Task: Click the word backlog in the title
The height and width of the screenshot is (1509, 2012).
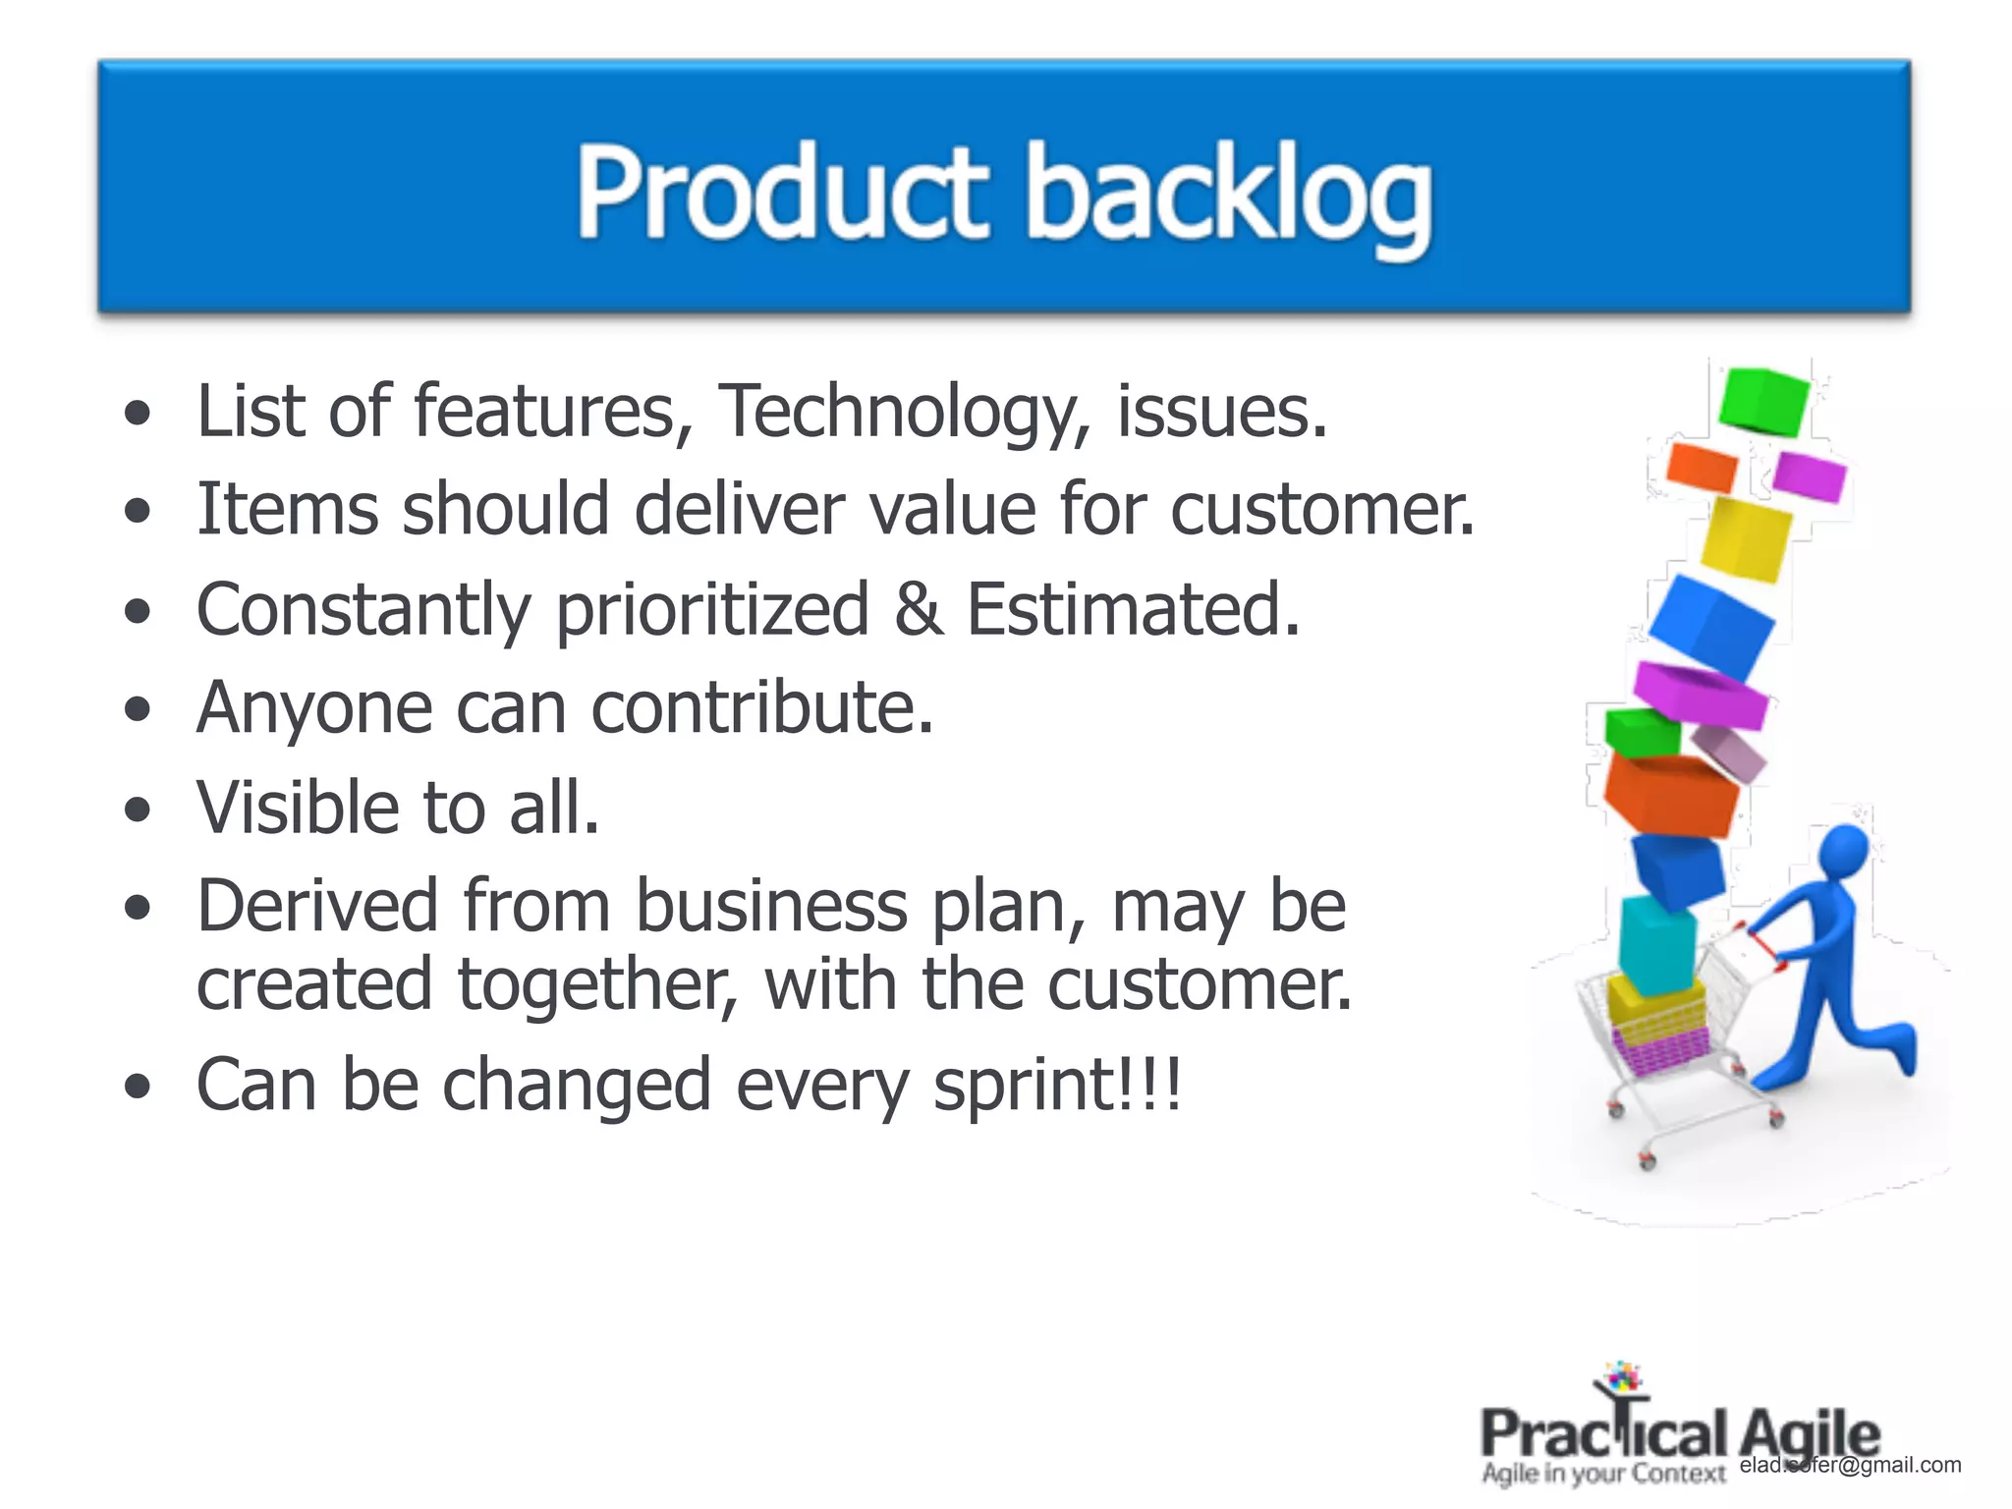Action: (x=1228, y=196)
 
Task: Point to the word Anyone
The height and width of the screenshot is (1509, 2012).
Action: (x=314, y=709)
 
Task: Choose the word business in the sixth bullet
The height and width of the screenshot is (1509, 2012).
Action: (x=771, y=906)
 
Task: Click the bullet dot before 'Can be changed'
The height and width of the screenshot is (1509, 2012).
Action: (x=139, y=1088)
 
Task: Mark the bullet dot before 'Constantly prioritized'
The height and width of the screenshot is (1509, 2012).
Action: (x=139, y=612)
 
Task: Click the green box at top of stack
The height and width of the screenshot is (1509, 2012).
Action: (x=1763, y=401)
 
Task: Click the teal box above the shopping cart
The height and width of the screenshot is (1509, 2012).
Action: (x=1657, y=943)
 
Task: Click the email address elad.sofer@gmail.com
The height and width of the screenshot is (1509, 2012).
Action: (x=1850, y=1465)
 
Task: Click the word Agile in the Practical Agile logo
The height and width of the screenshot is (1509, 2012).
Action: (x=1808, y=1434)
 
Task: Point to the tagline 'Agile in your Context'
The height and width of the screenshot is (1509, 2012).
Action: (x=1602, y=1474)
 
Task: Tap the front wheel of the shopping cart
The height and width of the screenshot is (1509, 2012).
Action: (x=1648, y=1163)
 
